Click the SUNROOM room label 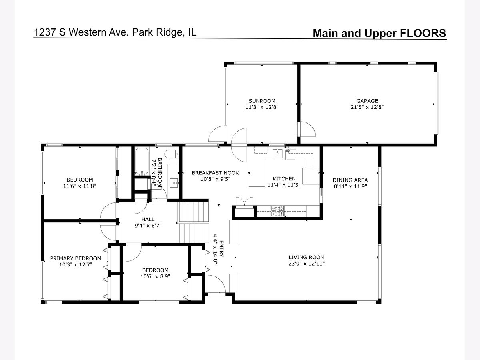coord(262,101)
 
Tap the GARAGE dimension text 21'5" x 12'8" coord(367,107)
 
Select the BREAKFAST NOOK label coord(215,173)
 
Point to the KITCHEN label coord(284,178)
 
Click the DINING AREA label coord(350,180)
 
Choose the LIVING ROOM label coord(306,257)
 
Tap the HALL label coord(148,219)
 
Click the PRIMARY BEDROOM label coord(76,258)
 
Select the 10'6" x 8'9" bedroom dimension coord(155,276)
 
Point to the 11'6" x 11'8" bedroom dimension coord(80,186)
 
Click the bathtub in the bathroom coord(142,161)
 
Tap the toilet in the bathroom coord(172,154)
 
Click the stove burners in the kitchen coord(278,211)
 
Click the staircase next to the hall coord(193,222)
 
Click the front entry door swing coord(216,283)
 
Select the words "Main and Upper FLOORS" coord(379,33)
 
